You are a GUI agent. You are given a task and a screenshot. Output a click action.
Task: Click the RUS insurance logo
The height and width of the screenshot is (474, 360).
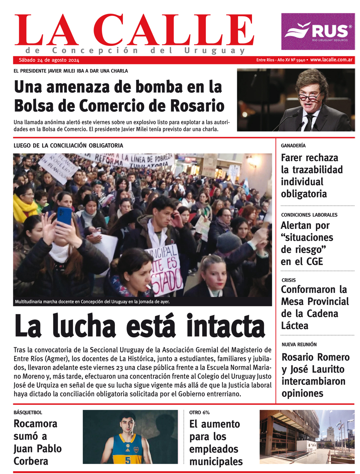pyautogui.click(x=318, y=31)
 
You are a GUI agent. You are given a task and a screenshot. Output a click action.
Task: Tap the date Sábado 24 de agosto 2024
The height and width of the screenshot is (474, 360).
pyautogui.click(x=49, y=60)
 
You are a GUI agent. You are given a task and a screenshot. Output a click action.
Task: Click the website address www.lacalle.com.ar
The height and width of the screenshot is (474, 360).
pyautogui.click(x=331, y=60)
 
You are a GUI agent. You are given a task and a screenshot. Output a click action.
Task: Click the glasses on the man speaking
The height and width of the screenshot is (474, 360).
pyautogui.click(x=309, y=97)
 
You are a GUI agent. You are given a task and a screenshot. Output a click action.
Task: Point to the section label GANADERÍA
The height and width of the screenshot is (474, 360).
pyautogui.click(x=293, y=145)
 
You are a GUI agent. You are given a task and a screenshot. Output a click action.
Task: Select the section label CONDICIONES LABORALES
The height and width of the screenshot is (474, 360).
pyautogui.click(x=309, y=215)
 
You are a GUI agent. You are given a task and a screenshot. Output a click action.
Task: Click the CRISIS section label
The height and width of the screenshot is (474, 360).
pyautogui.click(x=288, y=280)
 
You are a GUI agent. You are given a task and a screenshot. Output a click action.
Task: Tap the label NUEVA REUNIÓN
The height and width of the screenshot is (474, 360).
pyautogui.click(x=299, y=344)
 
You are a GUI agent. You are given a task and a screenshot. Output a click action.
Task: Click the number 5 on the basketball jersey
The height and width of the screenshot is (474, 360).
pyautogui.click(x=128, y=460)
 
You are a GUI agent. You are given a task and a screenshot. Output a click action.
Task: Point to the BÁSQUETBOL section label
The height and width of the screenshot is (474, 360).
pyautogui.click(x=28, y=412)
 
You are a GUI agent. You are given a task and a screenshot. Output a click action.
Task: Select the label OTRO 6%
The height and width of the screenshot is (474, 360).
pyautogui.click(x=199, y=412)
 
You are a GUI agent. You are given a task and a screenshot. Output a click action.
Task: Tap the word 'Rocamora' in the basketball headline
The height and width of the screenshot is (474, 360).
pyautogui.click(x=35, y=424)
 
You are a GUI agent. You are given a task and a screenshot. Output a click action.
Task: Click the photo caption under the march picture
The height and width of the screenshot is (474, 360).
pyautogui.click(x=92, y=302)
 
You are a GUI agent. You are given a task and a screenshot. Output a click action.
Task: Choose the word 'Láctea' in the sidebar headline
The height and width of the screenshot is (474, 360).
pyautogui.click(x=294, y=326)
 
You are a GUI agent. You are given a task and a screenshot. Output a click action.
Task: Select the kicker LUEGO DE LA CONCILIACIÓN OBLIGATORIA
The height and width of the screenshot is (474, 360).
pyautogui.click(x=68, y=145)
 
